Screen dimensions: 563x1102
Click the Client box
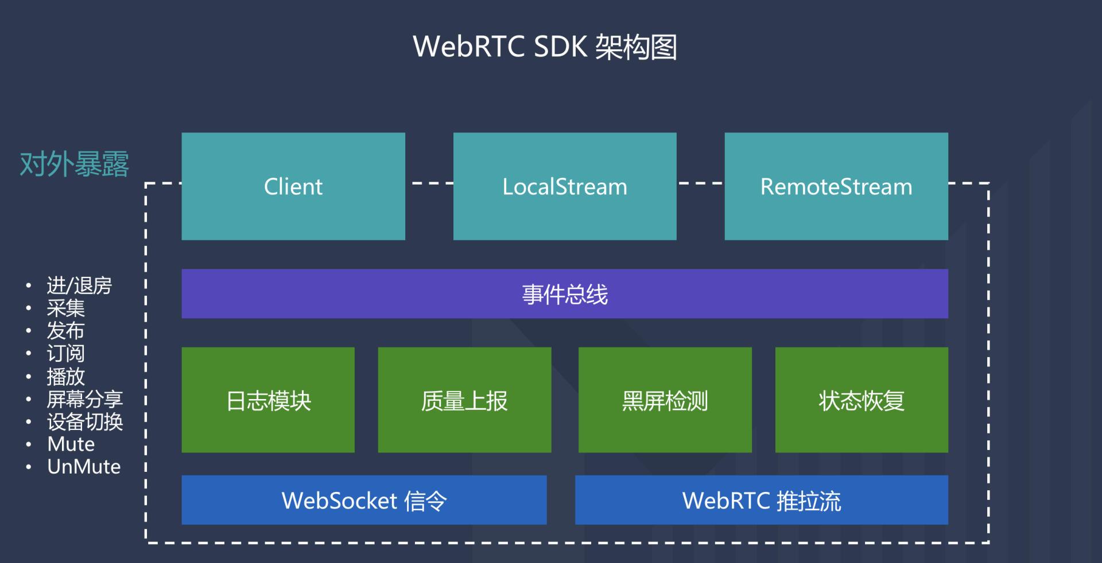(x=293, y=186)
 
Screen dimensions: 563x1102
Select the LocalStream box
(x=565, y=186)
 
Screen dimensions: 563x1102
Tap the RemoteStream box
(x=836, y=186)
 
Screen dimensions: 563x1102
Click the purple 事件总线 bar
(x=565, y=294)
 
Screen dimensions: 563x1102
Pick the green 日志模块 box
(x=268, y=400)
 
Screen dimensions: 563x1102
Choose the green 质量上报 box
(x=464, y=400)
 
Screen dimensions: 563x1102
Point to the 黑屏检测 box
(x=665, y=400)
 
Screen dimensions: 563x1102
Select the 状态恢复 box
(x=862, y=400)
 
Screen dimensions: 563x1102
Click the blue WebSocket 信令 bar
(x=364, y=501)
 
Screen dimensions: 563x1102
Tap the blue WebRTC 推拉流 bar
(x=761, y=501)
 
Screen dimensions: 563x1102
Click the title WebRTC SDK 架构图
(x=545, y=47)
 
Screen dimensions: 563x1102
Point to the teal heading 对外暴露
(x=74, y=165)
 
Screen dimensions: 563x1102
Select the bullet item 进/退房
(x=79, y=286)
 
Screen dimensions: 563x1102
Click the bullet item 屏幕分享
(x=84, y=399)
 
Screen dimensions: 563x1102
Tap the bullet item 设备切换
(x=84, y=422)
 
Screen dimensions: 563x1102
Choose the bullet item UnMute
(x=84, y=467)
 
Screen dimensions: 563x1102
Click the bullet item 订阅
(x=65, y=354)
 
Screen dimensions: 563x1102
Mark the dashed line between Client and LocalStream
(x=429, y=183)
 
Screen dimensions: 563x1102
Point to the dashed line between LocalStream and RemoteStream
(x=700, y=183)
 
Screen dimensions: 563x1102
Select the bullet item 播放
(x=65, y=377)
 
